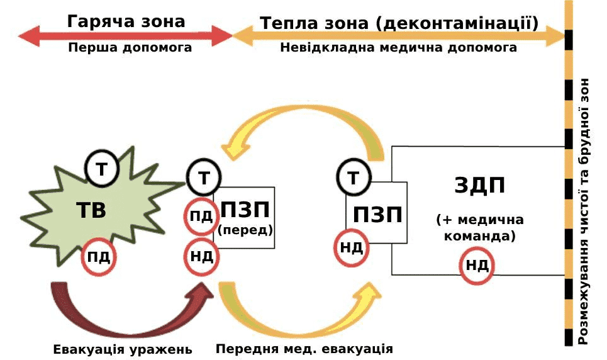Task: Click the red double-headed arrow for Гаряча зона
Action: point(126,36)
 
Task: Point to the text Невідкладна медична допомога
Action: point(399,48)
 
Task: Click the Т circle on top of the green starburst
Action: point(101,168)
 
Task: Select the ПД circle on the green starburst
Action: point(99,257)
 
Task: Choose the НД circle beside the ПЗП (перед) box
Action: point(201,256)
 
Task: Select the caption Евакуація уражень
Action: point(123,349)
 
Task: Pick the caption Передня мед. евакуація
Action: point(304,349)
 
